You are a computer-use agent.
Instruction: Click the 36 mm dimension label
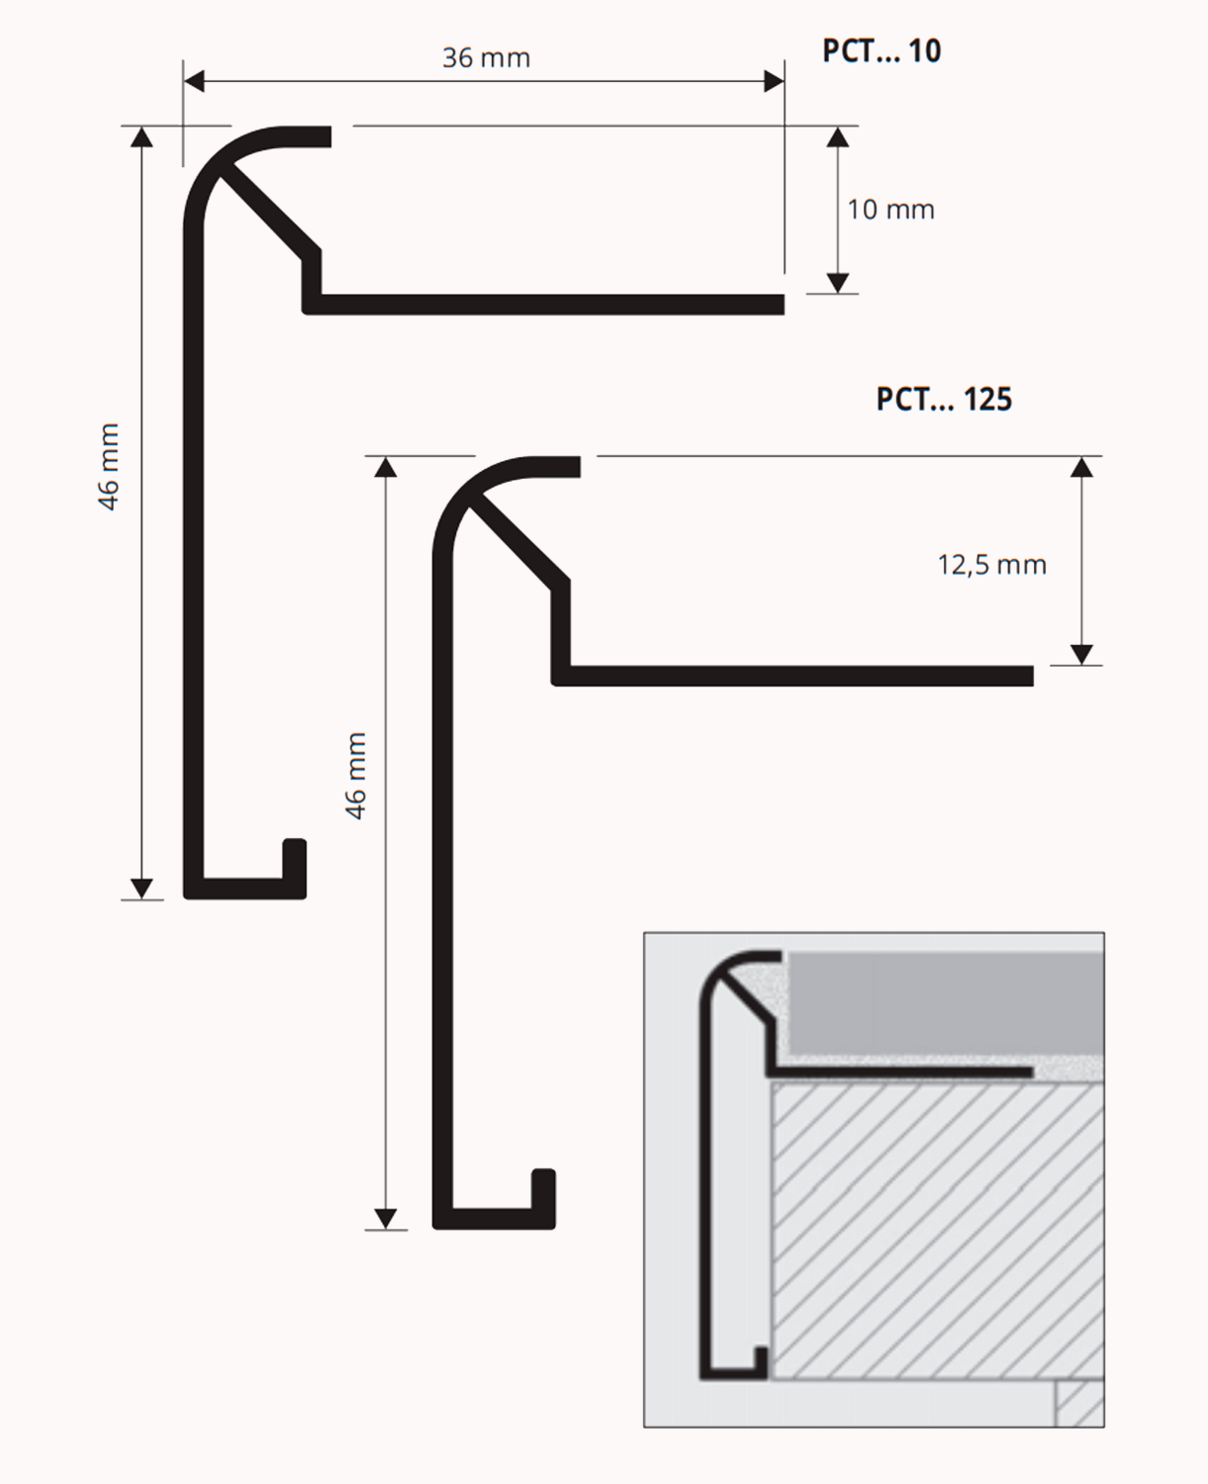[486, 57]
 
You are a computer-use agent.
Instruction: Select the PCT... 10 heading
[882, 50]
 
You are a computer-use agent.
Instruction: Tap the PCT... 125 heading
[943, 400]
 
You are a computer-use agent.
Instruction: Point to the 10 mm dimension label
[890, 210]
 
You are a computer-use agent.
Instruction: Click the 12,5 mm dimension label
[991, 565]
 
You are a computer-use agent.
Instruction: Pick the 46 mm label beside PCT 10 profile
[109, 467]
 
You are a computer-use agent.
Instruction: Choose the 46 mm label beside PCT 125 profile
[355, 776]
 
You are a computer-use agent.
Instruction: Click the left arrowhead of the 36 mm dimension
[194, 81]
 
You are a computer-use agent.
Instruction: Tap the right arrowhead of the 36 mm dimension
[774, 81]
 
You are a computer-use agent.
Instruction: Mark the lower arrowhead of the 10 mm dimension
[837, 283]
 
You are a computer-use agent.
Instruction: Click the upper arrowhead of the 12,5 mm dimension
[1081, 467]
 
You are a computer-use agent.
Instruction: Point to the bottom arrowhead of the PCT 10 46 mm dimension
[141, 889]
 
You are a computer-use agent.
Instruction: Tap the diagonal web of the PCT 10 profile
[268, 212]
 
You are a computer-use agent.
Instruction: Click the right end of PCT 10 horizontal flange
[784, 305]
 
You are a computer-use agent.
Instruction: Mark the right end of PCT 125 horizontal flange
[1033, 676]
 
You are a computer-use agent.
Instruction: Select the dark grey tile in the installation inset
[946, 1004]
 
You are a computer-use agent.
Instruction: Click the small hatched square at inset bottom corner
[1079, 1403]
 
